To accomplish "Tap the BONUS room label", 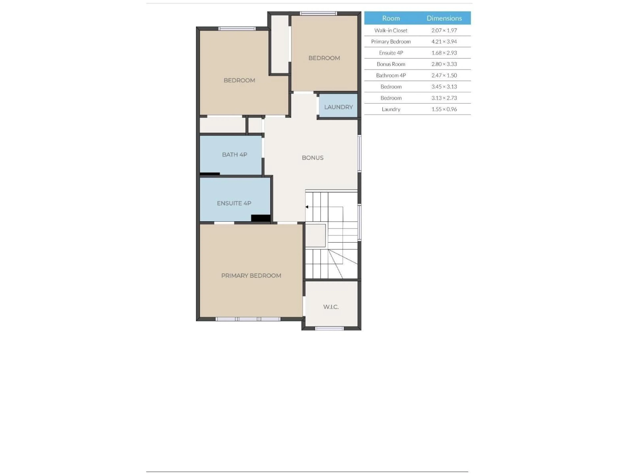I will pos(313,158).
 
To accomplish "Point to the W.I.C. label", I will pos(331,307).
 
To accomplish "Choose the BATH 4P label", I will pos(235,155).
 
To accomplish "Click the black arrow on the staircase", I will pos(307,207).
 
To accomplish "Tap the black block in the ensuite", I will pos(261,218).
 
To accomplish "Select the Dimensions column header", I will pos(444,18).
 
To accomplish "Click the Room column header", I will pos(391,18).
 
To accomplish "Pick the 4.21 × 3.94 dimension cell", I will pos(444,42).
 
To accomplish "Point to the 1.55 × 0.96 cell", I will pos(444,109).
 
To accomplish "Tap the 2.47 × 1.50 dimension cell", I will pos(444,75).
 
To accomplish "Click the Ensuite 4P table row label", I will pos(391,53).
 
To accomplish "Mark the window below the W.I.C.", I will pos(329,329).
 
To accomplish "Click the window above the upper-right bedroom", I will pos(318,13).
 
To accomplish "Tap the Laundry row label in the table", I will pos(391,109).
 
